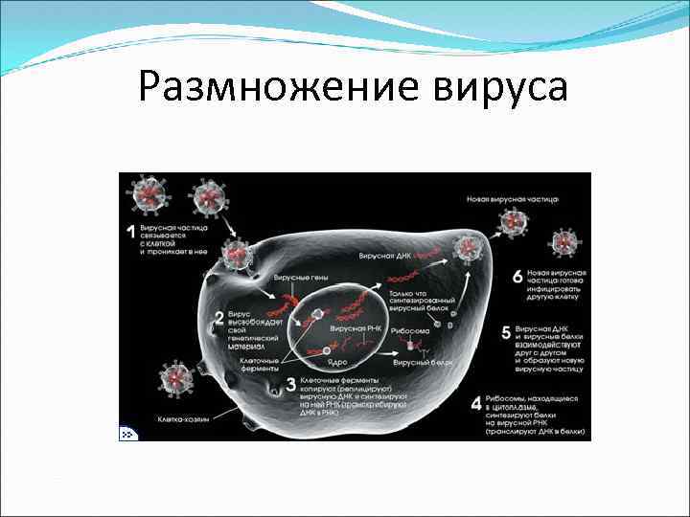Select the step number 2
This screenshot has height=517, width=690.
pyautogui.click(x=219, y=318)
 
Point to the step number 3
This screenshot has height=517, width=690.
pyautogui.click(x=291, y=387)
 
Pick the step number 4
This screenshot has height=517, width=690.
pyautogui.click(x=476, y=404)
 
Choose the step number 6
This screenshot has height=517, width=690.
pyautogui.click(x=517, y=277)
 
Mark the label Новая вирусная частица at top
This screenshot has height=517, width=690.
pyautogui.click(x=512, y=200)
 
